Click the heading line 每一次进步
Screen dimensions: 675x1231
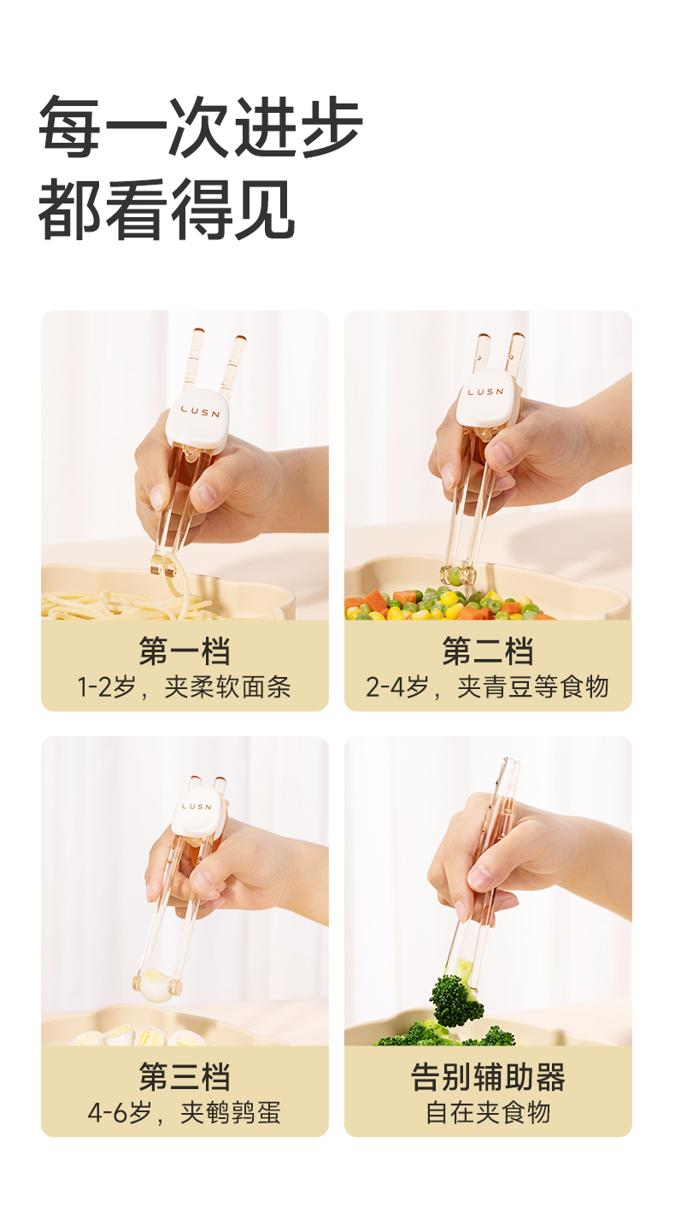pos(201,126)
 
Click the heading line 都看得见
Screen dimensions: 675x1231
pos(167,209)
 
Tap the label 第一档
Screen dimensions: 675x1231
pos(185,651)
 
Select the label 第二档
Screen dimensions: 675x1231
pos(488,651)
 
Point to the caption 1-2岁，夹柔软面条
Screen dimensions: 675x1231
pos(185,687)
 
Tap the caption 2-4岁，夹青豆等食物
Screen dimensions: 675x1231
pos(488,687)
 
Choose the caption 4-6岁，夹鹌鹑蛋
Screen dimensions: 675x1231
pos(185,1112)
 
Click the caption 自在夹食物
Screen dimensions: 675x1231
pos(488,1112)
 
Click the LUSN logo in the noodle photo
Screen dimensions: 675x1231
pos(201,412)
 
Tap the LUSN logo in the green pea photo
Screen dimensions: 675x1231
pos(485,392)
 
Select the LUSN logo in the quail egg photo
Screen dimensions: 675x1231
pos(196,807)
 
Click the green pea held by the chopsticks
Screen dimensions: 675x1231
pos(456,575)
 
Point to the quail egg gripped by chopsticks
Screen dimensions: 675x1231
pos(156,986)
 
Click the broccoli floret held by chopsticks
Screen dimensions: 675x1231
pos(456,996)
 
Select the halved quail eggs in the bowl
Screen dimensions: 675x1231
pos(142,1035)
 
